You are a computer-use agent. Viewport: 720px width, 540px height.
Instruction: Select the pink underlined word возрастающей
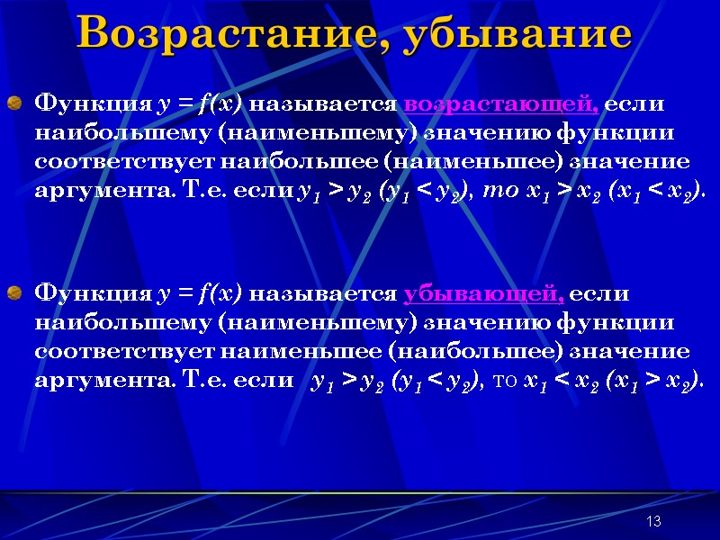tap(501, 103)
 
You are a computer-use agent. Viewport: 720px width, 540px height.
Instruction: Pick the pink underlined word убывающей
tap(484, 293)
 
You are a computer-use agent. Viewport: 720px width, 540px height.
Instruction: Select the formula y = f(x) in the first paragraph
tap(199, 103)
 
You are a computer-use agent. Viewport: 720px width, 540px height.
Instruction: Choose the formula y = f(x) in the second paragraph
tap(199, 293)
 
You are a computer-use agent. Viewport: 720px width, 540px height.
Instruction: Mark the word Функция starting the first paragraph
tap(92, 103)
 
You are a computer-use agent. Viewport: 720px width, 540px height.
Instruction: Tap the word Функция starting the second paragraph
tap(92, 293)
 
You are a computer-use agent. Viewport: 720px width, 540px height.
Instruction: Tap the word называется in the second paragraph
tap(323, 293)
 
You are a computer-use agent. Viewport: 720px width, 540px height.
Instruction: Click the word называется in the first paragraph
tap(323, 103)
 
